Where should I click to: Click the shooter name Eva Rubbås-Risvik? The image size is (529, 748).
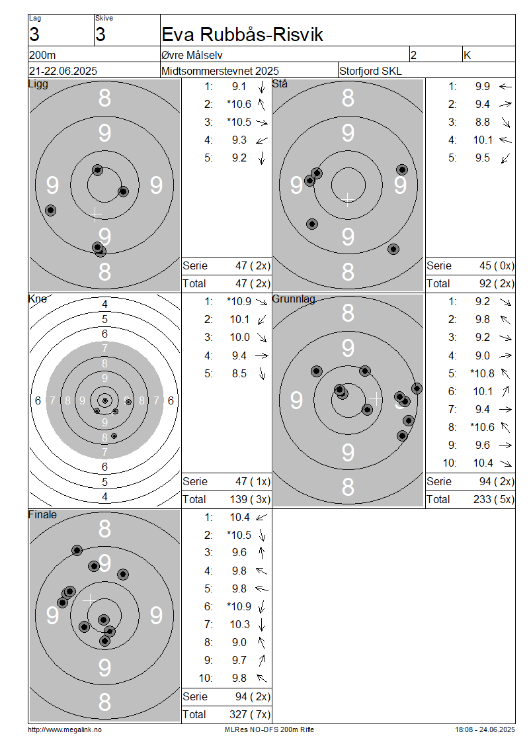tap(242, 34)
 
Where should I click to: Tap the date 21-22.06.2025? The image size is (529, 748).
tap(63, 71)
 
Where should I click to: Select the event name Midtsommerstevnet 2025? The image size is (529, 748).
tap(220, 71)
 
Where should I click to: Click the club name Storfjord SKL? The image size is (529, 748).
tap(370, 71)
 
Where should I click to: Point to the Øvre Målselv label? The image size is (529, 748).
tap(192, 56)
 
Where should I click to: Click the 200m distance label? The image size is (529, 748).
tap(42, 56)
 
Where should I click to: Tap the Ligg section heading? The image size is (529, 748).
tap(38, 85)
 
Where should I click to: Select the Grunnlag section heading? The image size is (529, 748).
tap(294, 299)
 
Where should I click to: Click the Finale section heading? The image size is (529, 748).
tap(42, 515)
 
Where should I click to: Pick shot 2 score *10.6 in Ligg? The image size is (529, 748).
tap(239, 104)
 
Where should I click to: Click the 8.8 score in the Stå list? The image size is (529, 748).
tap(482, 122)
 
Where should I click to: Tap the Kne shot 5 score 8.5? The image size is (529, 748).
tap(239, 373)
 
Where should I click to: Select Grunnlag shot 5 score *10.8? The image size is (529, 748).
tap(482, 373)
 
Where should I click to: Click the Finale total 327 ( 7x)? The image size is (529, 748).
tap(250, 715)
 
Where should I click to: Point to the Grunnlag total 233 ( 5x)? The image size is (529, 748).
tap(493, 500)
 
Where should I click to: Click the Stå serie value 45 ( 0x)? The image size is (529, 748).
tap(497, 265)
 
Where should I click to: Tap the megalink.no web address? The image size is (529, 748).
tap(65, 730)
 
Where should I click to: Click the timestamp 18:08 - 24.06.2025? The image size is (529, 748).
tap(485, 730)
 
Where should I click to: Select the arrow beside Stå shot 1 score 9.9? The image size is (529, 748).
tap(505, 87)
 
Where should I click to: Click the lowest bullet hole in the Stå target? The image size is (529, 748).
tap(393, 249)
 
